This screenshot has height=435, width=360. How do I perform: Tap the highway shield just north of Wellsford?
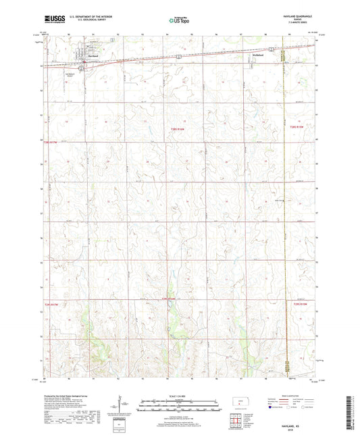point(271,49)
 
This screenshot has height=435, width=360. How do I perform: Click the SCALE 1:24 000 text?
point(180,395)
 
